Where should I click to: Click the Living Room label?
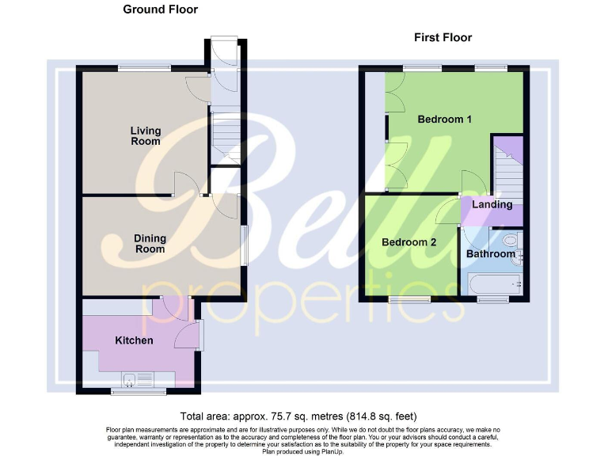146,136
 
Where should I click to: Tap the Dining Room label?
149,243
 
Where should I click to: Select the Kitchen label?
134,340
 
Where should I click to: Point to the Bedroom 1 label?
444,120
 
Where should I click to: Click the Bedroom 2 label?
408,242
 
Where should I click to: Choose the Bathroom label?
490,254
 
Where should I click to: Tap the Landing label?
492,204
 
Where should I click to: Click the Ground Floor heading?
161,9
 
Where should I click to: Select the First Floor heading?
443,37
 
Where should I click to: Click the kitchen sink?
132,379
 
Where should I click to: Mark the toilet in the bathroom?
510,239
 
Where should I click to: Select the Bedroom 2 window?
408,300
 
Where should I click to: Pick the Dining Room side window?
243,245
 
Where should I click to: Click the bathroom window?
493,300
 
